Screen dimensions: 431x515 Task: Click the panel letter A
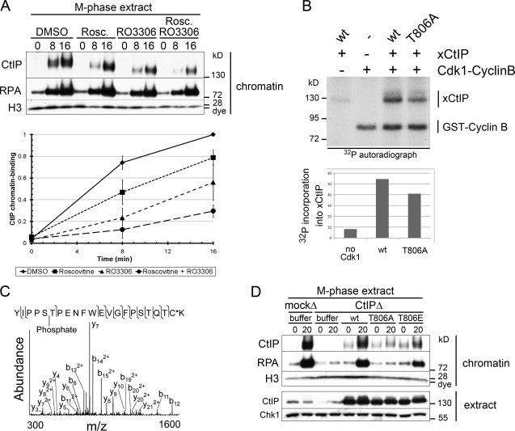point(7,9)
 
